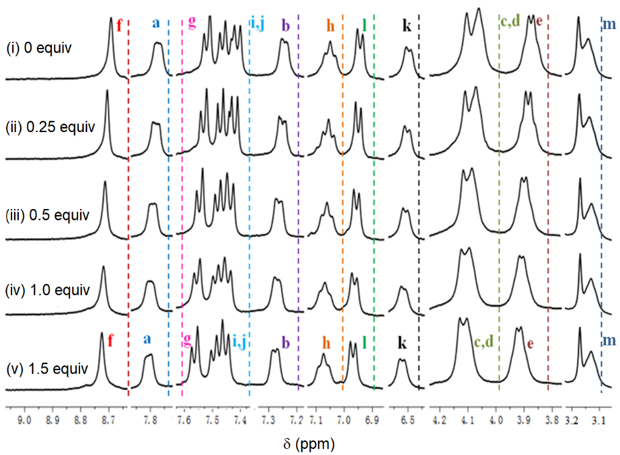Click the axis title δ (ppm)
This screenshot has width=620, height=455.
point(309,443)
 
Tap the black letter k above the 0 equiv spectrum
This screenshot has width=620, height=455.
point(407,26)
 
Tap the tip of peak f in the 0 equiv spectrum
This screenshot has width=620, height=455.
point(111,18)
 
